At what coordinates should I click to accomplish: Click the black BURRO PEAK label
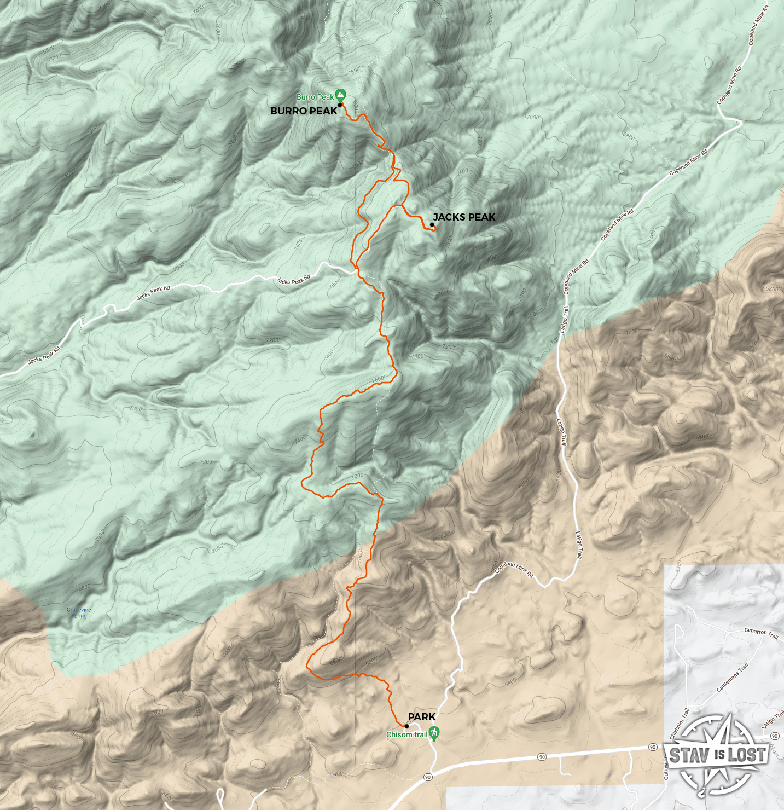tap(304, 111)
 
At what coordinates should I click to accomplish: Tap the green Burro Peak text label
tap(315, 97)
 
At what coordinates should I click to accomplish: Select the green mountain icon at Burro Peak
tap(341, 94)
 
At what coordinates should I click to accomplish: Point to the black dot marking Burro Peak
tap(340, 105)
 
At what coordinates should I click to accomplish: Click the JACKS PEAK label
tap(464, 217)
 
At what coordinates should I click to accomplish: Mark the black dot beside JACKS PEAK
tap(432, 224)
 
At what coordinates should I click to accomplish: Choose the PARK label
tap(422, 717)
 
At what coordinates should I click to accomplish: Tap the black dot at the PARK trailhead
tap(406, 726)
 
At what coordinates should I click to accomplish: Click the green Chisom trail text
tap(406, 734)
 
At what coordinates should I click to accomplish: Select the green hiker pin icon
tap(434, 733)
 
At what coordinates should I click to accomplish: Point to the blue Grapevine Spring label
tap(79, 612)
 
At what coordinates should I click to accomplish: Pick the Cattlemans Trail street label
tap(733, 678)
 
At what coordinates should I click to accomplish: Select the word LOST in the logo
tap(746, 755)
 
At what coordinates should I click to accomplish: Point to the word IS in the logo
tap(719, 755)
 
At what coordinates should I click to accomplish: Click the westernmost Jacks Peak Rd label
tap(44, 356)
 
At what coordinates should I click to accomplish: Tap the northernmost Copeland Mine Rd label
tap(758, 26)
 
